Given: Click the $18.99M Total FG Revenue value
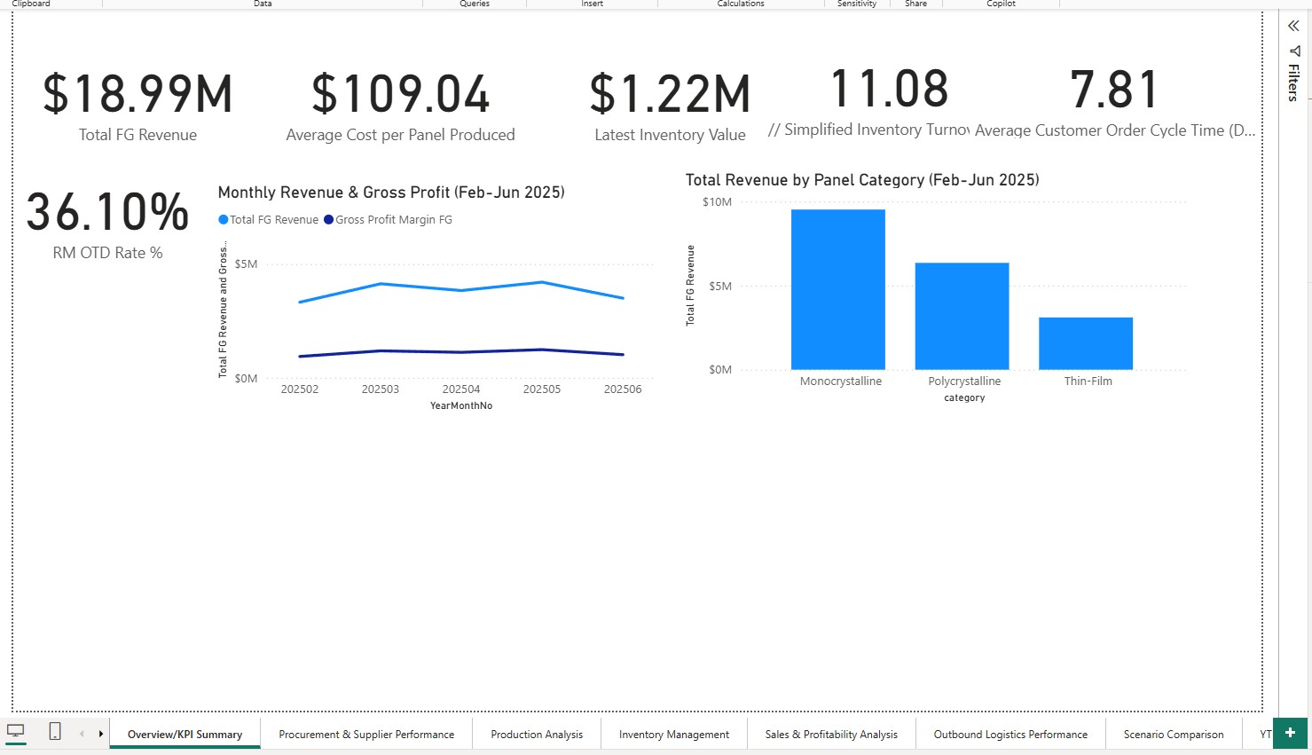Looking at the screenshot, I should [x=137, y=94].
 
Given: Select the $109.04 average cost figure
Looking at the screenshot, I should [x=400, y=94].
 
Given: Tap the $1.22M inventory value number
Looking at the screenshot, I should [x=670, y=94].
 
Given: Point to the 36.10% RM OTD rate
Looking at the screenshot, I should [x=107, y=212].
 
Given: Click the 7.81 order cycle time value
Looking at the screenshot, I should [x=1114, y=90].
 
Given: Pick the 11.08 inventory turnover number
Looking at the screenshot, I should [x=889, y=90].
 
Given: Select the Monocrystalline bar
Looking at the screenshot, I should [x=837, y=289].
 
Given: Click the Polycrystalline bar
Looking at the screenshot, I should [x=962, y=316].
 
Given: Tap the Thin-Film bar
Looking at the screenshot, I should [x=1085, y=343].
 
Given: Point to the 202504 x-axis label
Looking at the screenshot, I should [x=461, y=389].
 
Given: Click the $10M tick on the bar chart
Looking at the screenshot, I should [x=717, y=202].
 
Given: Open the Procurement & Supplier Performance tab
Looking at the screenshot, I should [x=365, y=735].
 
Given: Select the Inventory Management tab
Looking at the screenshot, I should [x=673, y=735].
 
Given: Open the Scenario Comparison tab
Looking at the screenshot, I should [x=1173, y=735].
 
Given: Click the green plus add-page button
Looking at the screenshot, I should [x=1290, y=733].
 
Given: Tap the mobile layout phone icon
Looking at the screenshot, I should [x=55, y=732].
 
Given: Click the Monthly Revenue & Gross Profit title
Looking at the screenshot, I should [x=391, y=193].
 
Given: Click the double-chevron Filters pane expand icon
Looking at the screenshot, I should [x=1293, y=26].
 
